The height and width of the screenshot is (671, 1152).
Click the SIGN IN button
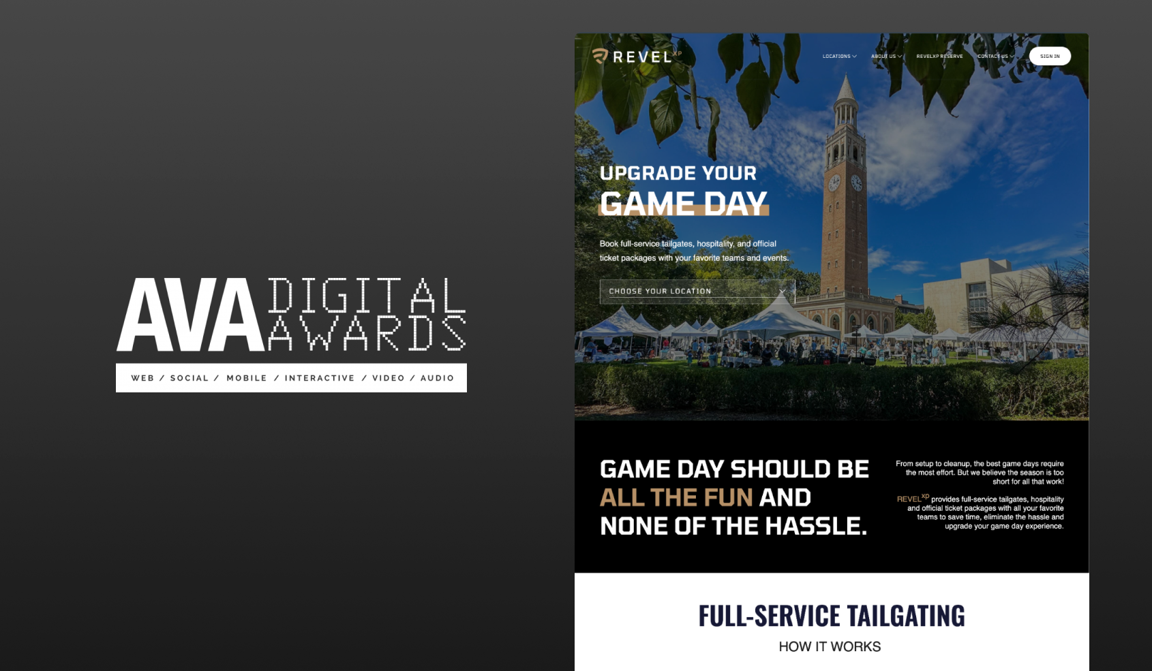coord(1050,56)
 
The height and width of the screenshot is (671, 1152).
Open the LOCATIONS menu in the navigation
coord(839,56)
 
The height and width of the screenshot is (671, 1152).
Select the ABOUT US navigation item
coord(886,56)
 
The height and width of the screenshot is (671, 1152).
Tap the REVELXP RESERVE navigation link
coord(939,56)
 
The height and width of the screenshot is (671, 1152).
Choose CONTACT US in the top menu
coord(996,56)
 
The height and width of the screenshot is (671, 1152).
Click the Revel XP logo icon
coord(600,55)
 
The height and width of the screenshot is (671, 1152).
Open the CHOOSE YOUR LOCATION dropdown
coord(697,292)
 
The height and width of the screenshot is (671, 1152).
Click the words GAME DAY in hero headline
coord(684,204)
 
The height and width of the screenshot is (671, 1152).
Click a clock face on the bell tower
coord(834,183)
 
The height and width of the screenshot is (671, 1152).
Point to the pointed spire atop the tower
coord(845,87)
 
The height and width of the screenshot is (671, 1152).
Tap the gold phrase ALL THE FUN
coord(676,497)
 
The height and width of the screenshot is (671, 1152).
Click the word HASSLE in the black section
coord(816,526)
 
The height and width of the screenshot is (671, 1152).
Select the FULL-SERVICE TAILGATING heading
coord(831,616)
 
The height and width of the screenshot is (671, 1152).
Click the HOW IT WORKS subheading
coord(830,646)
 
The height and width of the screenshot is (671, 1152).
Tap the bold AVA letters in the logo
coord(190,315)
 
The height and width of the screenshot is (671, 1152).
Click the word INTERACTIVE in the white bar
coord(320,378)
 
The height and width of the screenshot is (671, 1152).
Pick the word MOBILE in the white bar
coord(247,378)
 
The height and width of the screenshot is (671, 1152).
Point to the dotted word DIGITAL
coord(367,295)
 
